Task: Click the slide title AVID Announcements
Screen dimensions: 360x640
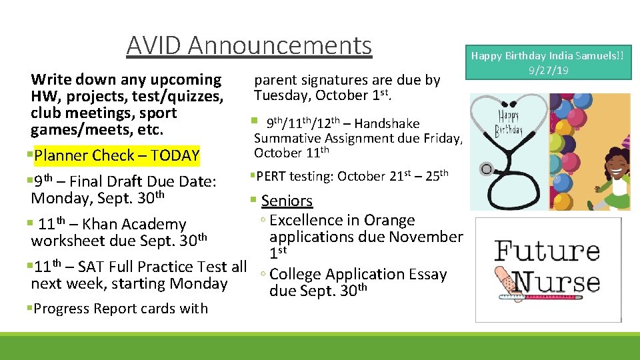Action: (249, 45)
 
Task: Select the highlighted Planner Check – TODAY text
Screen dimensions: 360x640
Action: (117, 156)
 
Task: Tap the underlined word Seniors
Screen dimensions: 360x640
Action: (287, 201)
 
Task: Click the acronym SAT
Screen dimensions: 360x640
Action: (91, 267)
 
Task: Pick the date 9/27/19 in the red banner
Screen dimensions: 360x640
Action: (547, 69)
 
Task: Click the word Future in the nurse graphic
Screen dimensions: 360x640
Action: (547, 253)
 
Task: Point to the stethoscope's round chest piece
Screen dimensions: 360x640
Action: (487, 169)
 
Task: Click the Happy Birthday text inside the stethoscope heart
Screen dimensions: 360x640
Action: (509, 123)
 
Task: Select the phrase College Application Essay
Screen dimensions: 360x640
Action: (358, 274)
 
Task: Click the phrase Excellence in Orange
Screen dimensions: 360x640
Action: (342, 220)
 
